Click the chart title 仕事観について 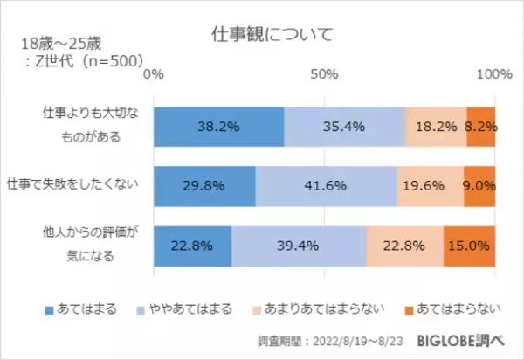click(x=261, y=35)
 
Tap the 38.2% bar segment click(x=219, y=126)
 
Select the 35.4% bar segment click(x=345, y=126)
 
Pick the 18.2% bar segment click(x=436, y=126)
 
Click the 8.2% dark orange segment click(x=481, y=126)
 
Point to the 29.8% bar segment click(x=204, y=185)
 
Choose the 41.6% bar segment click(x=327, y=185)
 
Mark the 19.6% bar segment click(x=431, y=185)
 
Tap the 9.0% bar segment click(x=479, y=185)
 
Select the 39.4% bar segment click(x=299, y=246)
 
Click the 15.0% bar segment click(x=470, y=246)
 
